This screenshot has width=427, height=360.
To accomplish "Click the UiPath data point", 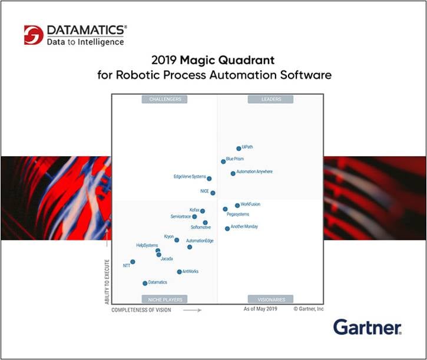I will point(239,148).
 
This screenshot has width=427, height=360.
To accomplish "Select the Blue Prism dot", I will point(223,161).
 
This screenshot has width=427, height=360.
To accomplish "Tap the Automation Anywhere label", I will point(254,172).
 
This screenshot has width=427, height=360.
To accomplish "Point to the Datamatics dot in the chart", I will point(145,283).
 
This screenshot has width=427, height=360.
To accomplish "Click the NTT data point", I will point(133,262).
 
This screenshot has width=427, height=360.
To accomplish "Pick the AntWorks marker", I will point(179,272).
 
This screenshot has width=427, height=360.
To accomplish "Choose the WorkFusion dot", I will point(237,206).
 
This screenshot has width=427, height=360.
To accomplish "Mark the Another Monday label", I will point(244,227).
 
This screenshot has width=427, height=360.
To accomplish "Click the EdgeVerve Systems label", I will point(190,177).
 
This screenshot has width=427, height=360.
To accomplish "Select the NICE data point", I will point(213,193).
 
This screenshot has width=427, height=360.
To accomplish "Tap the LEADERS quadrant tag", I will point(271,100).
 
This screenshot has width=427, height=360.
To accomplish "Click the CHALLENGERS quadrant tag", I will point(164,100).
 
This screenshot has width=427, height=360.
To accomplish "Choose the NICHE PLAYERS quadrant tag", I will point(164,299).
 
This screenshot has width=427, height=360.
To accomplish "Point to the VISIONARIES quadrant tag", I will point(271,299).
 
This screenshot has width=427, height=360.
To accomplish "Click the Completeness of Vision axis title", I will point(141,310).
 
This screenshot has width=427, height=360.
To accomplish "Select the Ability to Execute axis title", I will point(108,282).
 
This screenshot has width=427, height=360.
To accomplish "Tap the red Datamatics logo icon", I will point(34,35).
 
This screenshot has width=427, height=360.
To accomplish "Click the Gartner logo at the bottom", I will point(367,327).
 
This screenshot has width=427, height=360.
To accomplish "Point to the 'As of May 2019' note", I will point(260,309).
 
